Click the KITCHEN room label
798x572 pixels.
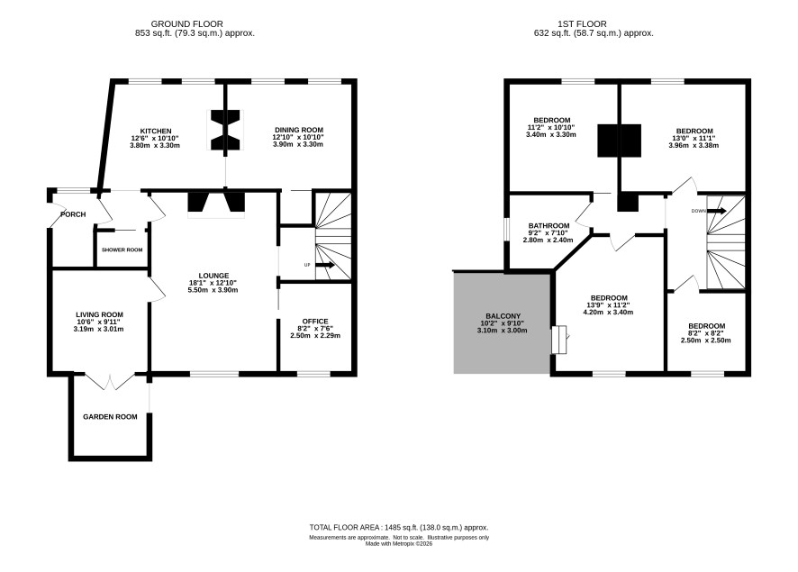pyautogui.click(x=156, y=132)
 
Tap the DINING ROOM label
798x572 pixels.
pyautogui.click(x=299, y=130)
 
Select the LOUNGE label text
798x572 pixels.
pyautogui.click(x=213, y=276)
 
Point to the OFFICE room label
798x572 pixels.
pyautogui.click(x=315, y=321)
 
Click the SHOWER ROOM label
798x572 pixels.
pyautogui.click(x=122, y=250)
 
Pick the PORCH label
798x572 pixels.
pyautogui.click(x=73, y=214)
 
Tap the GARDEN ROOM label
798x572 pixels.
pyautogui.click(x=110, y=417)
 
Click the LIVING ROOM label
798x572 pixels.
pyautogui.click(x=99, y=314)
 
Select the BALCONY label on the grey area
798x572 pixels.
pyautogui.click(x=503, y=316)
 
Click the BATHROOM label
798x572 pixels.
pyautogui.click(x=549, y=225)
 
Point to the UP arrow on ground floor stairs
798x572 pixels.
pyautogui.click(x=325, y=265)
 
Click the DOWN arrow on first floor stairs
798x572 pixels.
pyautogui.click(x=717, y=211)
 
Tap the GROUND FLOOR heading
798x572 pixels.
pyautogui.click(x=186, y=24)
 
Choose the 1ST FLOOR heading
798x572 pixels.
pyautogui.click(x=582, y=24)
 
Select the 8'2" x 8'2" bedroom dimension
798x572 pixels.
pyautogui.click(x=706, y=333)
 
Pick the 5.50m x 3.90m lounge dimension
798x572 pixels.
pyautogui.click(x=213, y=290)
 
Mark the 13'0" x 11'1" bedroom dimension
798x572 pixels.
pyautogui.click(x=694, y=138)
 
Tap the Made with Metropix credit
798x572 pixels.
pyautogui.click(x=399, y=543)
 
